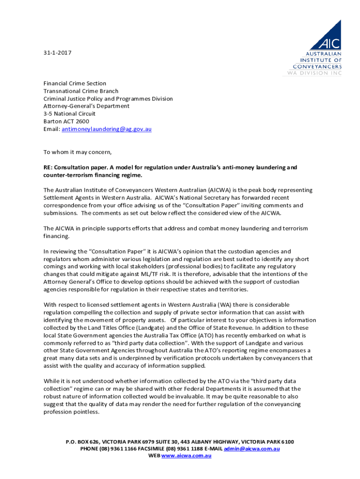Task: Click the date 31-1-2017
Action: click(x=58, y=53)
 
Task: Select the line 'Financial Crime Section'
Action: click(x=75, y=83)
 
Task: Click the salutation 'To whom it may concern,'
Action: click(x=78, y=152)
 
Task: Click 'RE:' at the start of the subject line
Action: click(x=48, y=167)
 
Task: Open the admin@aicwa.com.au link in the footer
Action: click(x=252, y=449)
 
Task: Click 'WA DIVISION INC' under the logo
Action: click(x=314, y=73)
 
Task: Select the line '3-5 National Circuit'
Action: click(x=69, y=114)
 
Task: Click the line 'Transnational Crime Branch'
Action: click(x=81, y=91)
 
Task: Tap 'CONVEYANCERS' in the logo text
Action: click(x=314, y=66)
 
